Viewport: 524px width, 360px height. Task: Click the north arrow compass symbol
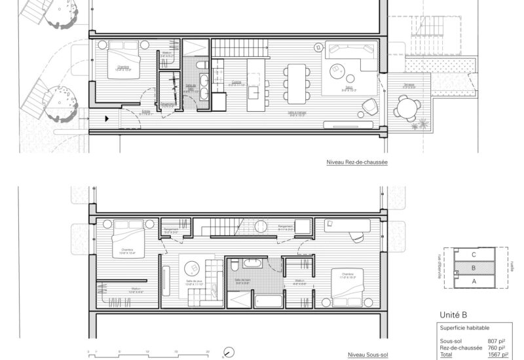(227, 351)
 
